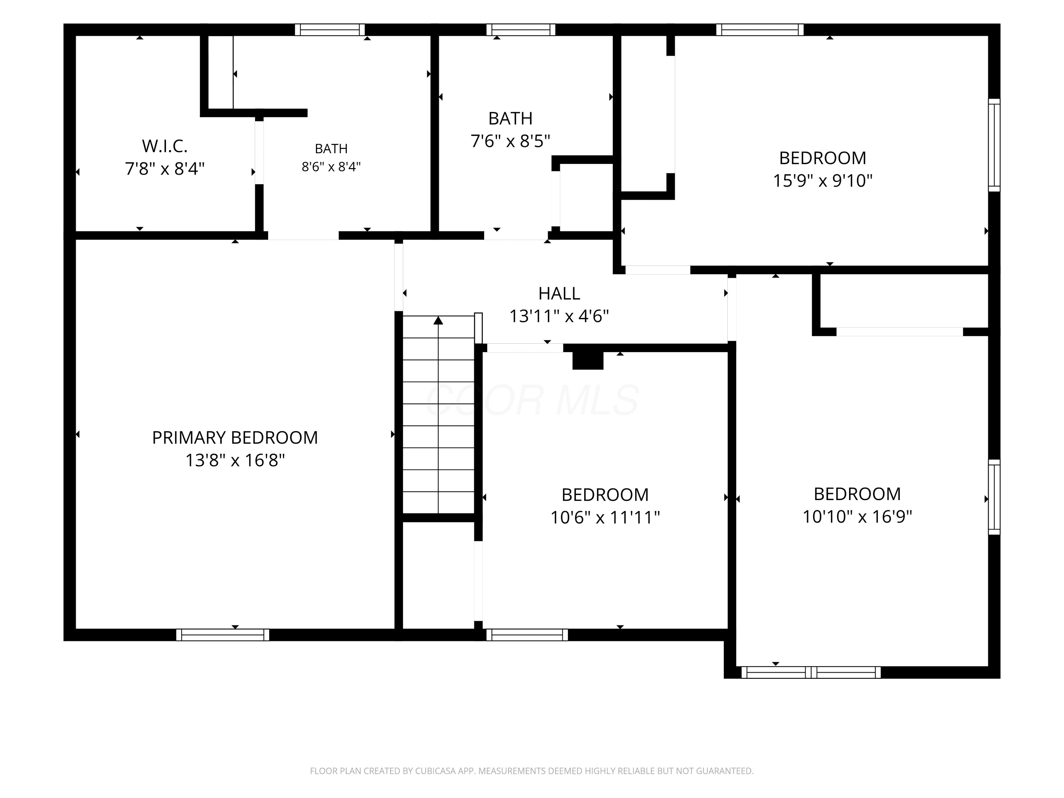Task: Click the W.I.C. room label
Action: point(165,145)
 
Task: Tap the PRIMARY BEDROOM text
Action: point(235,437)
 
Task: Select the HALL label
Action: point(559,293)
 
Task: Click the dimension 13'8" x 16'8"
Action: point(235,460)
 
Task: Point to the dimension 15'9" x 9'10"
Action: point(822,181)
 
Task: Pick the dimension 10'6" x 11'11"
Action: point(605,517)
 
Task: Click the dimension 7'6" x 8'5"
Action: point(510,141)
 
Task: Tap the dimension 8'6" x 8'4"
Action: point(331,166)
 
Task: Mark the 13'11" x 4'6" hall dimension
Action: point(559,316)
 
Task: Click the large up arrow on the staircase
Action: point(438,320)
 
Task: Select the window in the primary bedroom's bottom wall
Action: point(223,635)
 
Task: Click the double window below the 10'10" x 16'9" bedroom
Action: point(811,672)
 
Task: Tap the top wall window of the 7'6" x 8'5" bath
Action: point(521,30)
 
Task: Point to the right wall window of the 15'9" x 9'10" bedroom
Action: point(994,145)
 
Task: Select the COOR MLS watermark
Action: point(532,400)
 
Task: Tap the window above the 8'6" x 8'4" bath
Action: point(330,30)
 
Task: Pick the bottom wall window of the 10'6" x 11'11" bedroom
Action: point(527,635)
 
